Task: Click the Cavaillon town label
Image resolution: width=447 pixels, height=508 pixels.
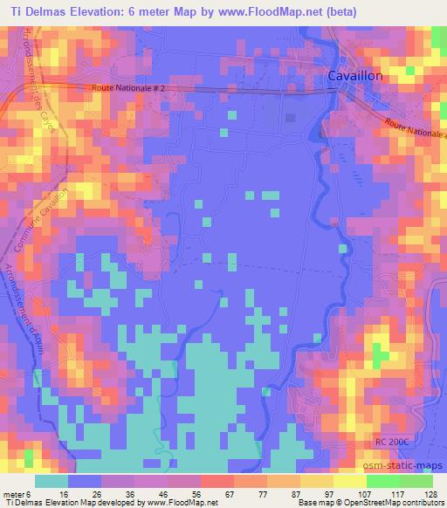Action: (354, 77)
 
